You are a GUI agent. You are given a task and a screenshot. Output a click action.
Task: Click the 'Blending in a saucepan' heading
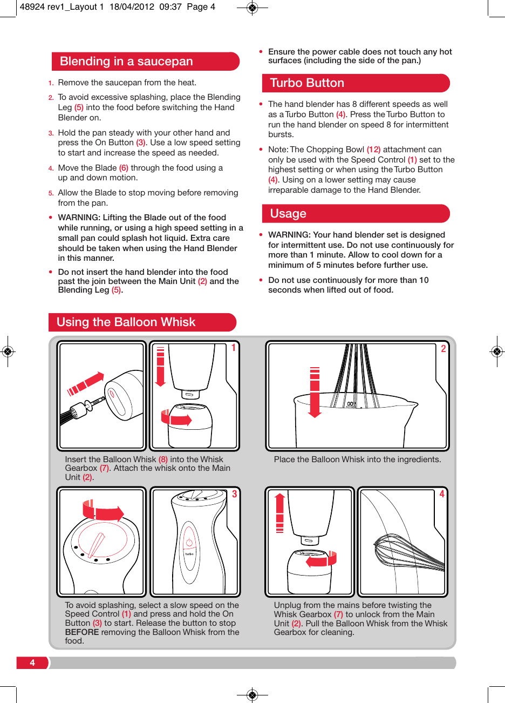(126, 62)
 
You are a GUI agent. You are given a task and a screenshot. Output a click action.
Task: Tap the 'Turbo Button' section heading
(306, 83)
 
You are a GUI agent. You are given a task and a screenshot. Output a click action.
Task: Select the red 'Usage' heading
(288, 214)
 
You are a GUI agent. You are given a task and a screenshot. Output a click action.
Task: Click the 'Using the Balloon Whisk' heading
(126, 322)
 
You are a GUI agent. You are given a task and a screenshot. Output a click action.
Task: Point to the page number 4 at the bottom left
(32, 663)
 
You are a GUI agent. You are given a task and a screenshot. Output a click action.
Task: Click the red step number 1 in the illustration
(234, 348)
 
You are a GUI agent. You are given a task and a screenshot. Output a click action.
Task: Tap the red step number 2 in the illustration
(443, 349)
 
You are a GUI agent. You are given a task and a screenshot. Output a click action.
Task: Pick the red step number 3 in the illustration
(234, 494)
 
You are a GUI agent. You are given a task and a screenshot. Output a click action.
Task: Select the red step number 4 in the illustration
(442, 494)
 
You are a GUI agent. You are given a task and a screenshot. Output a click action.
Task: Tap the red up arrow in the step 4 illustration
(279, 512)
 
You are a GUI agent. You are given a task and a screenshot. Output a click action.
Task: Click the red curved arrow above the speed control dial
(103, 511)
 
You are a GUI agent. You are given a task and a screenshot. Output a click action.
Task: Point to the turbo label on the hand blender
(189, 554)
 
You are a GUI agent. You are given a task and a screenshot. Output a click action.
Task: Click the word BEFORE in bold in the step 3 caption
(81, 632)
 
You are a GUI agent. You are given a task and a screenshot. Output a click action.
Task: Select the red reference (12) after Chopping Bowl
(373, 150)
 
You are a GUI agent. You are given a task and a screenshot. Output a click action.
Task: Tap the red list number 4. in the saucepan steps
(51, 168)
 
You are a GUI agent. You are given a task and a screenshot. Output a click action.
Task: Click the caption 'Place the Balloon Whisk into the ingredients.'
(357, 459)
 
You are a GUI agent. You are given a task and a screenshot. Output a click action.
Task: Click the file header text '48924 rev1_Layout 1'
(62, 7)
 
